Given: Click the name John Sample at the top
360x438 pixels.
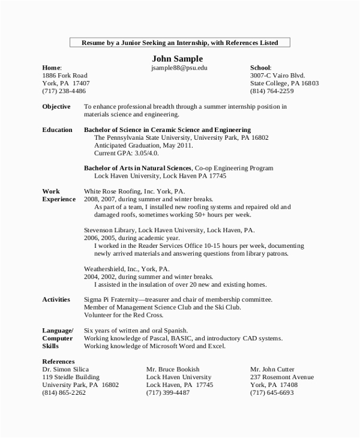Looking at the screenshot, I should coord(179,58).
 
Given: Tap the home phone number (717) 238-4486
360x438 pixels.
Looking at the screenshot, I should coord(64,91).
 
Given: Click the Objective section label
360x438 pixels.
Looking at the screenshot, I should coord(56,106).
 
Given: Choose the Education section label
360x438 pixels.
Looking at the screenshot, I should coord(58,130).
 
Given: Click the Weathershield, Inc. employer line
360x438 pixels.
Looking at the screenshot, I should coord(127,269).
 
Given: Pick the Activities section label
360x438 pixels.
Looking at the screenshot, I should coord(56,299).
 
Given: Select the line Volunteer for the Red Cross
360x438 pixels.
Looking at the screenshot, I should coord(124,315).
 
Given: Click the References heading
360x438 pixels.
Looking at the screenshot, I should coord(58,361).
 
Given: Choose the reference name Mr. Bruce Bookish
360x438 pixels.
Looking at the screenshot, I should coord(173,369).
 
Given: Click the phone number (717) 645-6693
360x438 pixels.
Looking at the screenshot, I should coord(272,392).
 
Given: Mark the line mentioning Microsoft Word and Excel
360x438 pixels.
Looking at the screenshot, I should coord(154,346).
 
